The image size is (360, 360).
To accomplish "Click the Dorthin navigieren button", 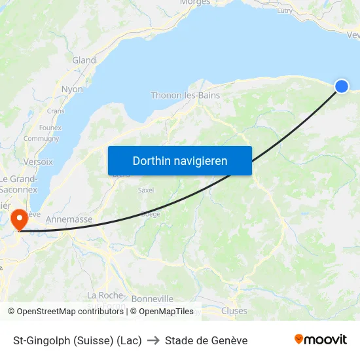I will coord(180,160).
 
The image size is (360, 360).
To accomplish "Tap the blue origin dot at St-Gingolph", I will coord(342,86).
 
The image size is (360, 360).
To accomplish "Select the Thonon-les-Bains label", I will coord(185,95).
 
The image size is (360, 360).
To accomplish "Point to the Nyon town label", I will coord(72,89).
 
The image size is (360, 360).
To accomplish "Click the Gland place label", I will coord(84,60).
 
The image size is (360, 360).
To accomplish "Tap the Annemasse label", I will coord(69,220).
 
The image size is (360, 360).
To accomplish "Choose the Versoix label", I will coord(38,161).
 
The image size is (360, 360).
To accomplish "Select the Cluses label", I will coord(234,311).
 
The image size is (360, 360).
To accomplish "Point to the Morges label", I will coord(194,3).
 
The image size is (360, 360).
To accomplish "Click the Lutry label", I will coord(285,10).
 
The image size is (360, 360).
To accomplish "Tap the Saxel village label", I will coord(146,190).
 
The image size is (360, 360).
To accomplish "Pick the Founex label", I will coord(50,128).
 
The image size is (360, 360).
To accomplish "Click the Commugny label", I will coord(41,139).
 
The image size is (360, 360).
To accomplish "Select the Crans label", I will coord(56,111).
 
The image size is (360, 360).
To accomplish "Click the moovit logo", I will coord(321,339).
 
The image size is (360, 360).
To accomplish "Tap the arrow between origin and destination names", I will coord(153,340).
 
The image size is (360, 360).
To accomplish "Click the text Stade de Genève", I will coord(206,340).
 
